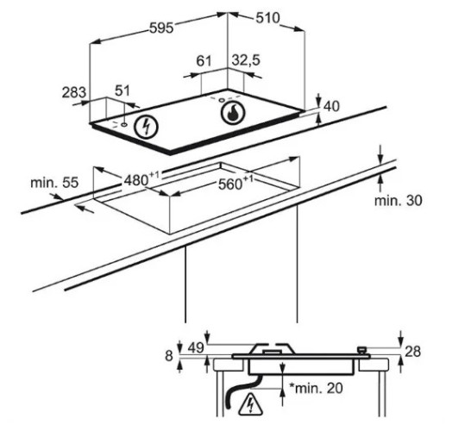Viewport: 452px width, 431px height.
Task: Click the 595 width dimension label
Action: pyautogui.click(x=161, y=28)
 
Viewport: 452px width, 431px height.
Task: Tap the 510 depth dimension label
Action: pyautogui.click(x=267, y=18)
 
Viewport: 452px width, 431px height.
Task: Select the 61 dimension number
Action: pyautogui.click(x=204, y=61)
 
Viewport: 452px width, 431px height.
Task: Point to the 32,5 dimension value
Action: pyautogui.click(x=246, y=60)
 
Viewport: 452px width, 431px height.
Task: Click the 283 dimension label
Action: pyautogui.click(x=74, y=92)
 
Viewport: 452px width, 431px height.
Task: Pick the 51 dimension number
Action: pyautogui.click(x=122, y=91)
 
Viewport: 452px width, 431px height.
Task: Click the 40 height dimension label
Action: pyautogui.click(x=331, y=106)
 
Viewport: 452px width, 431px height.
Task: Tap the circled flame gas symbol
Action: pyautogui.click(x=233, y=113)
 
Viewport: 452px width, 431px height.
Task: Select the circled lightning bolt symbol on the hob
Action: pyautogui.click(x=147, y=127)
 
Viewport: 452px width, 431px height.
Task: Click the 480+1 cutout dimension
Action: pyautogui.click(x=141, y=179)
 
